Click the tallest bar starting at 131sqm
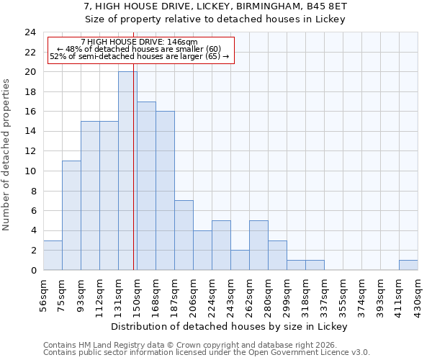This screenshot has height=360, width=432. point(127,171)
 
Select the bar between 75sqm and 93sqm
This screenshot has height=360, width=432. point(71,215)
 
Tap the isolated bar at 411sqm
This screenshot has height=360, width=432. point(408,265)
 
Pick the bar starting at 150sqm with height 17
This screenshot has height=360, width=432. point(146,186)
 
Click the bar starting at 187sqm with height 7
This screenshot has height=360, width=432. point(184,235)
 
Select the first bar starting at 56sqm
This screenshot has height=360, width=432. point(53,255)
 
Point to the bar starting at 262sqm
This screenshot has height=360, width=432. point(258,245)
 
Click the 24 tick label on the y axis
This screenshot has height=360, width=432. point(30,32)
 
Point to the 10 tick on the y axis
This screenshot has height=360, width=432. point(30,171)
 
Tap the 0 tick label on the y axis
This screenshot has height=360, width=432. point(32,271)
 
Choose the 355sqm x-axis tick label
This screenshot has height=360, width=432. point(343,293)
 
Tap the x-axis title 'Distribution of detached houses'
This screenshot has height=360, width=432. point(230,326)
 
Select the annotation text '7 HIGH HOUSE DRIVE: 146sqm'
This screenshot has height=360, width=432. point(139,42)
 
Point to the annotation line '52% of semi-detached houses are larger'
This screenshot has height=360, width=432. point(139,56)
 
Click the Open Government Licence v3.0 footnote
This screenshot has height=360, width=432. point(207,353)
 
